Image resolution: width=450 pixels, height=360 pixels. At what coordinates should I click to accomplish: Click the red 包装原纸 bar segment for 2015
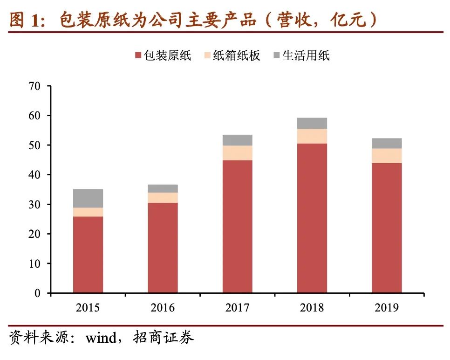(88, 254)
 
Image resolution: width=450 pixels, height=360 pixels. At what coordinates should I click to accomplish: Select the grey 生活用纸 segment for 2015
(88, 198)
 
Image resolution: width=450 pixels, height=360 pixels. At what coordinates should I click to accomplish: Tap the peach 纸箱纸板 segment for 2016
(163, 197)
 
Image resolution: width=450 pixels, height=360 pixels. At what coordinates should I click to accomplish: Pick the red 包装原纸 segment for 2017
(237, 226)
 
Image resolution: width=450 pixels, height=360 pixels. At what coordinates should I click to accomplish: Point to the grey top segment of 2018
(312, 123)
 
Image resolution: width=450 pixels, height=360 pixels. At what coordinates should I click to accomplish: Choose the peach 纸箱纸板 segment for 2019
(387, 156)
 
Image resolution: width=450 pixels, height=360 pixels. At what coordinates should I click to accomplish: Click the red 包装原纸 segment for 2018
(312, 218)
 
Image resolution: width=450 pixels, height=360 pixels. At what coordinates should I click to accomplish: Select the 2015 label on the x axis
(88, 308)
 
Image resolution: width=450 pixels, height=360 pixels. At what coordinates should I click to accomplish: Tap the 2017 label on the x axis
(237, 308)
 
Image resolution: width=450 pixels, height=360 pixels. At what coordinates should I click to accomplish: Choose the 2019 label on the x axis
(387, 308)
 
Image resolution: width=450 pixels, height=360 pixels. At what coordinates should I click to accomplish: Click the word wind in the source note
(101, 338)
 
